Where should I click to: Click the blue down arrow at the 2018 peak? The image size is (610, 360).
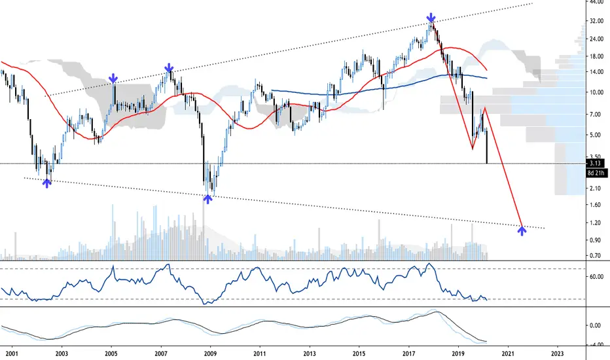click(431, 17)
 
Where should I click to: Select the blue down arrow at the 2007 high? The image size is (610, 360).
click(169, 67)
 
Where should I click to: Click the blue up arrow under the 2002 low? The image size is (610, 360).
click(46, 184)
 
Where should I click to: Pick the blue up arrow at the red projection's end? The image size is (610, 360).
click(522, 230)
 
